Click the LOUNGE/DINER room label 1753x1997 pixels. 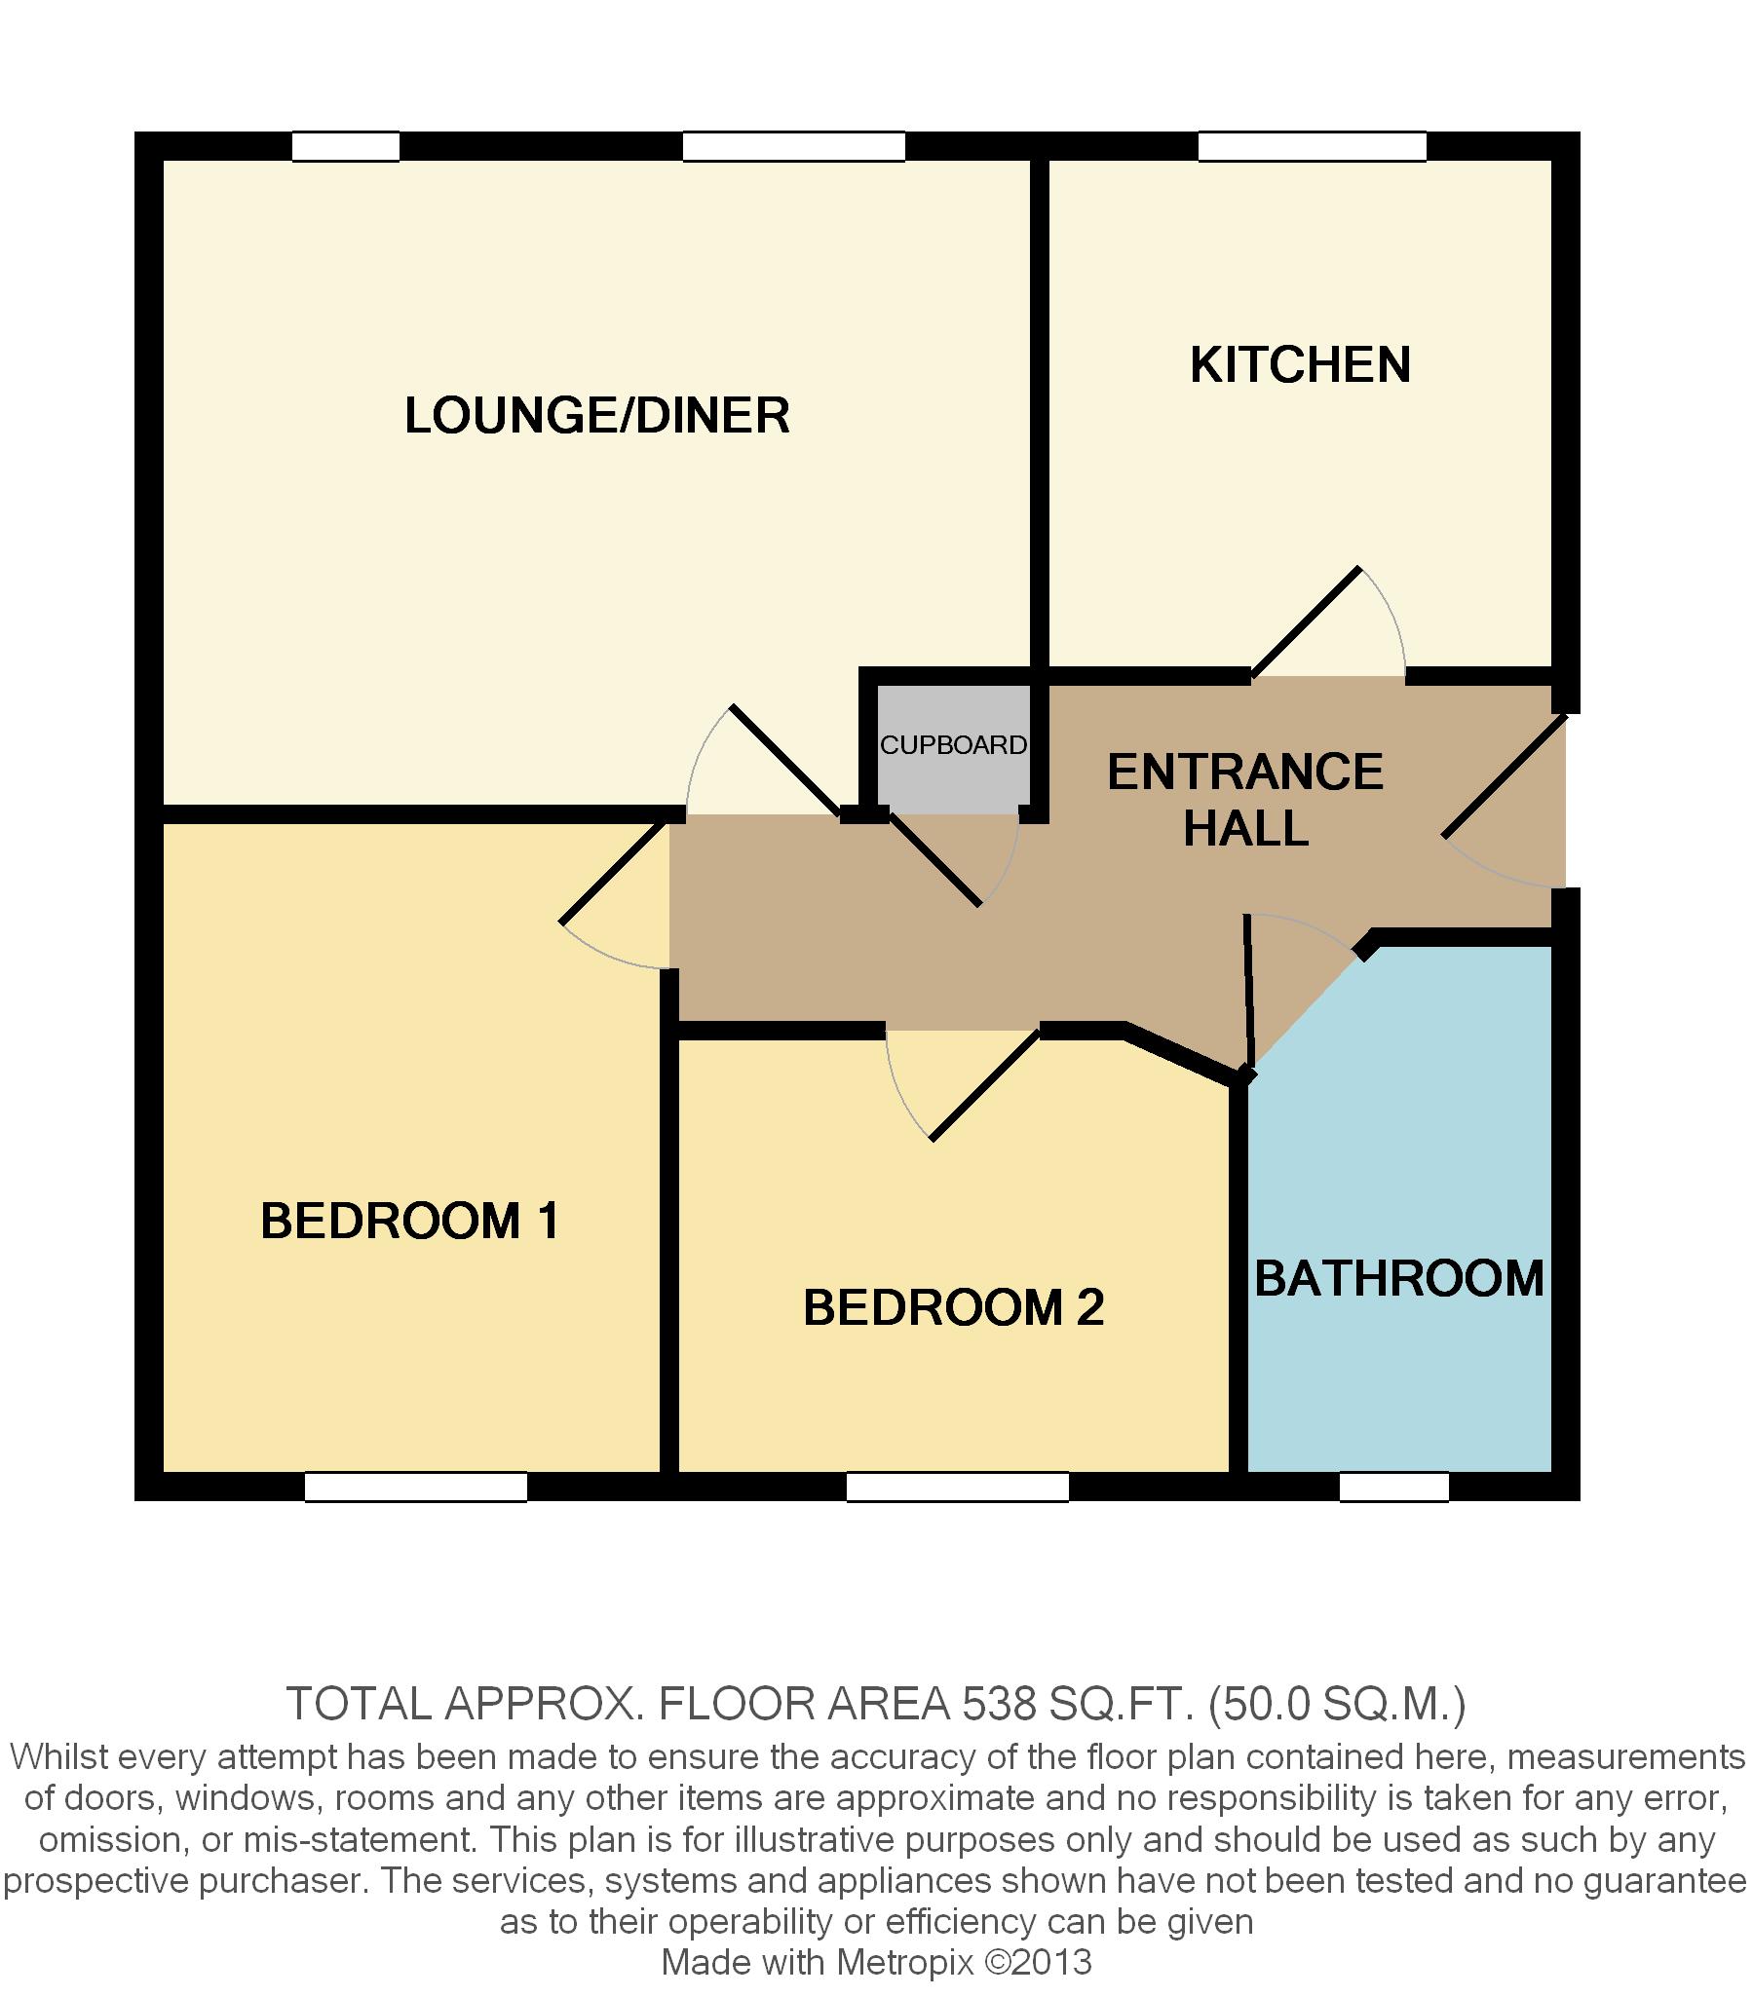click(x=597, y=415)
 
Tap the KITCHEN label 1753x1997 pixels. click(x=1300, y=364)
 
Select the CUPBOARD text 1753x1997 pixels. click(x=954, y=745)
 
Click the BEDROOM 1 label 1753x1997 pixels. click(x=409, y=1221)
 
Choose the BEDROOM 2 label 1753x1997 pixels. click(x=953, y=1307)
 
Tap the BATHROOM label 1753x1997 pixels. click(x=1399, y=1278)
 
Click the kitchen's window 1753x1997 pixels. click(x=1313, y=146)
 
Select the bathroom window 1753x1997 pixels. click(x=1393, y=1487)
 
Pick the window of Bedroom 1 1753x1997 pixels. click(x=416, y=1487)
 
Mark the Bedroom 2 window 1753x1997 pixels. click(x=958, y=1487)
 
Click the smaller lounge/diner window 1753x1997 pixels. click(x=346, y=146)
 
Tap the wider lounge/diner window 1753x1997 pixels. click(x=793, y=146)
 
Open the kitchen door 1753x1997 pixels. click(x=1306, y=622)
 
